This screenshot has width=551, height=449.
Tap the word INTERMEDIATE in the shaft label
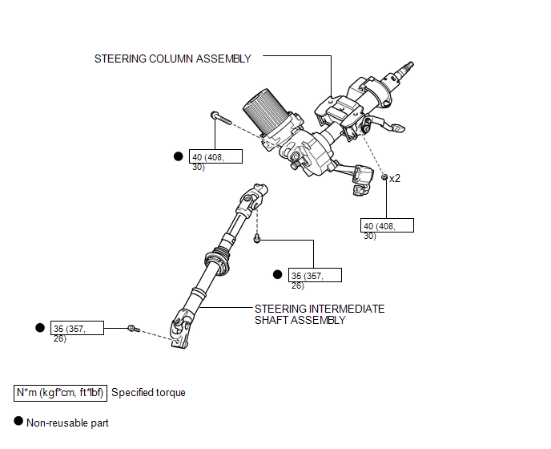345,309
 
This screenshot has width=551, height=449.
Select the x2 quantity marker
394,179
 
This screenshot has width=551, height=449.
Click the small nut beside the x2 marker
384,176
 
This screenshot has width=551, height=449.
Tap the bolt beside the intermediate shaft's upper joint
257,237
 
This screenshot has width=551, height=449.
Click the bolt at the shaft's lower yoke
133,328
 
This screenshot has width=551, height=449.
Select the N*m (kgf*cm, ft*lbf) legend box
60,393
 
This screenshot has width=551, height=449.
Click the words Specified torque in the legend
148,393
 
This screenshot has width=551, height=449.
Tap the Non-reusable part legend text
67,423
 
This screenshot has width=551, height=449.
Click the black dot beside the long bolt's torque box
179,157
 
